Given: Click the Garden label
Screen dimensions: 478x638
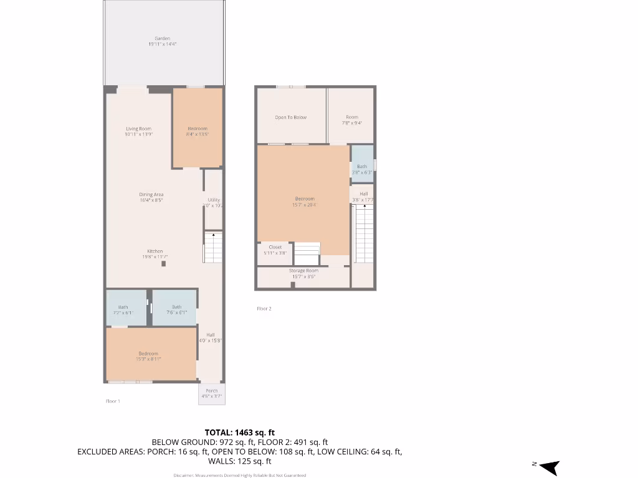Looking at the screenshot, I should point(163,39).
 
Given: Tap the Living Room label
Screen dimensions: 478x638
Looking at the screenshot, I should point(138,129).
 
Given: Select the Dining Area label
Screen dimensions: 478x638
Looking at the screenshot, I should point(151,195).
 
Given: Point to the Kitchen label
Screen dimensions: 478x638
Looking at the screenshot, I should point(155,251).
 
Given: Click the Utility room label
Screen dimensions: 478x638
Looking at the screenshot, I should point(213,200).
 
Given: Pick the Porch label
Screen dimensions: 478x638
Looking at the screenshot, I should point(212,391).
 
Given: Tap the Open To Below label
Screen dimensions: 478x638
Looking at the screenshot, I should point(291,118).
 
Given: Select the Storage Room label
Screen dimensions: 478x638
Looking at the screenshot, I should point(303,271).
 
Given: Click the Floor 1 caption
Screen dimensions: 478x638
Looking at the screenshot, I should point(113,401).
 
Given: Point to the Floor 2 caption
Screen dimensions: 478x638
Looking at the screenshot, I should point(264,309).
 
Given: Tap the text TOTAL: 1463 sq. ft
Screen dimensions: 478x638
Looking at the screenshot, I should point(240,433).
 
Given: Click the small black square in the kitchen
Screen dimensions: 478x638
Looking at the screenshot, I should point(164,264).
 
